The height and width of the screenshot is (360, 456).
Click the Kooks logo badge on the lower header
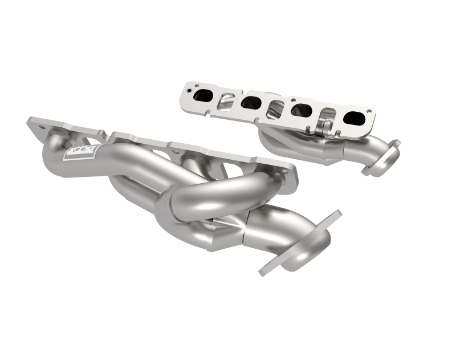[83, 152]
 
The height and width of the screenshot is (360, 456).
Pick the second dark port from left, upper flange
[251, 103]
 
